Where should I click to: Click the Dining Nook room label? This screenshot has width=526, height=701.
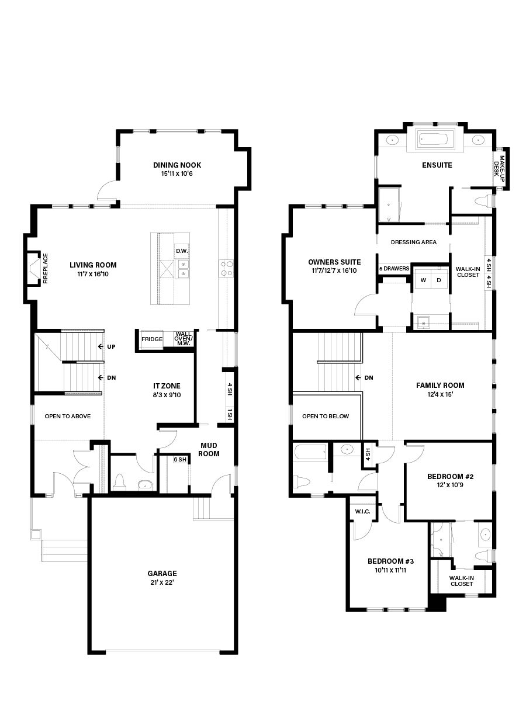pos(177,165)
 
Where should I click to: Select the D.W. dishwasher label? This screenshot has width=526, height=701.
pos(182,251)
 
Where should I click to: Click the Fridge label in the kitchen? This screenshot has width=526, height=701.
pos(152,339)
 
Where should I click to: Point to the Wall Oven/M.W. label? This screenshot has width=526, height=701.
pos(184,339)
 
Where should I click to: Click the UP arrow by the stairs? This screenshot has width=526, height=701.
pos(107,346)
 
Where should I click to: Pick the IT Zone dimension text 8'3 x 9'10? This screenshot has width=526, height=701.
pos(167,395)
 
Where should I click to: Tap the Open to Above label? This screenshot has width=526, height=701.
pos(68,416)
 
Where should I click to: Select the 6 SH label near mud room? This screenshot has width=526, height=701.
pos(180,460)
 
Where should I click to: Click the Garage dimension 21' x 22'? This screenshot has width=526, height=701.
pos(162,582)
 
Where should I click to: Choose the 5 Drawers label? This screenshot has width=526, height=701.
pos(394,269)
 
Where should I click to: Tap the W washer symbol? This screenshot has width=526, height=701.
pos(424,280)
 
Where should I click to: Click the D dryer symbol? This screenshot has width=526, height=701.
pos(439,280)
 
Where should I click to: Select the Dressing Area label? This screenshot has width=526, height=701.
pos(414,242)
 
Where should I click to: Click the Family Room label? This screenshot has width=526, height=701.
pos(440,386)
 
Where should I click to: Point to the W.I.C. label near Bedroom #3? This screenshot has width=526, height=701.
pos(363,512)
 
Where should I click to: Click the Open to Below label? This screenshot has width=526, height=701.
pos(326,416)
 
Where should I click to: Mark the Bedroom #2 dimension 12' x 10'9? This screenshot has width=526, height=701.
pos(450,485)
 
